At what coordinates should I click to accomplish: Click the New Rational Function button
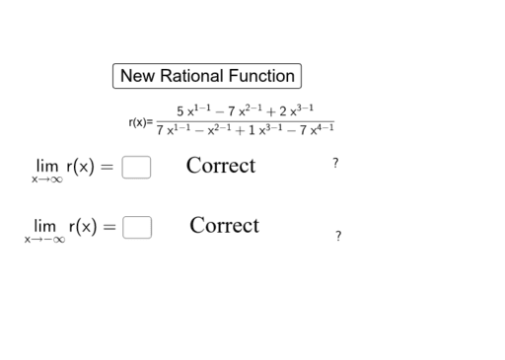207,76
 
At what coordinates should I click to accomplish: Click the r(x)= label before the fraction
141,122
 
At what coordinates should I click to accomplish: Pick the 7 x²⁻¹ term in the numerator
243,109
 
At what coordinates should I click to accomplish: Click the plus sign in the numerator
270,110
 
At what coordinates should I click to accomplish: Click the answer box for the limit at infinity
136,168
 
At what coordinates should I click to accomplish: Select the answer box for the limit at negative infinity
137,228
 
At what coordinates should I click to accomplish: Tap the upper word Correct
220,166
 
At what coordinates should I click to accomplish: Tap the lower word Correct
224,226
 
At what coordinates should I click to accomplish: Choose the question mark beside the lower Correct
338,236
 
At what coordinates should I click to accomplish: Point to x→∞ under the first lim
47,180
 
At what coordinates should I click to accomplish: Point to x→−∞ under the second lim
45,241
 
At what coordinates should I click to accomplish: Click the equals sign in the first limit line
108,168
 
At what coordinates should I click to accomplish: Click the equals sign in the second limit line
108,228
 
